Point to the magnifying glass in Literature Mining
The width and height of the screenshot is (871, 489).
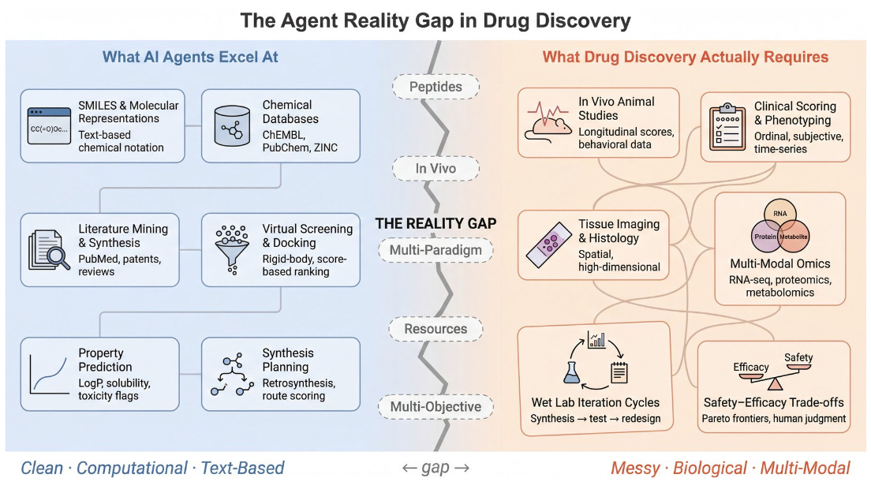click(56, 257)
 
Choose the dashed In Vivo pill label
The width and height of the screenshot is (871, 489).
click(436, 168)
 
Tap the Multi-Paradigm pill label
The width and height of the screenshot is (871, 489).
click(435, 252)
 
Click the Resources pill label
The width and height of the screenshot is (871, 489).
click(435, 329)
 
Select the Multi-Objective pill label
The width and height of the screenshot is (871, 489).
click(435, 407)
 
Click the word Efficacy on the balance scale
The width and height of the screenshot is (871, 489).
click(751, 368)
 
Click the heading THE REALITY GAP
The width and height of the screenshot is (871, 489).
click(435, 223)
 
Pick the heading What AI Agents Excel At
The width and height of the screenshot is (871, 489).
click(189, 57)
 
